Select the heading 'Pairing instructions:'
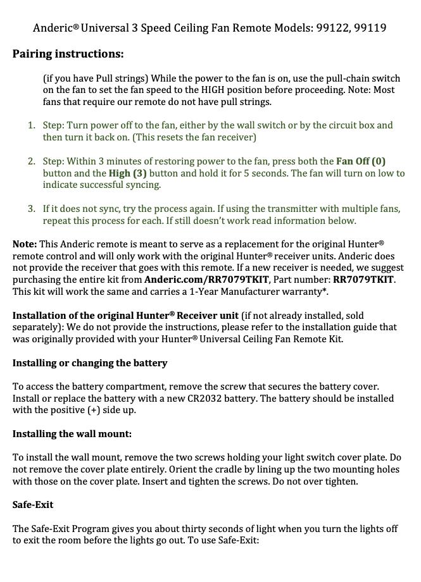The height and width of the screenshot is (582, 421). pyautogui.click(x=68, y=54)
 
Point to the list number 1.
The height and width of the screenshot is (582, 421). pyautogui.click(x=30, y=125)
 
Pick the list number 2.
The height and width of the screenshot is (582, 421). pyautogui.click(x=30, y=161)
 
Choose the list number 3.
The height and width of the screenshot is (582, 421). pyautogui.click(x=30, y=209)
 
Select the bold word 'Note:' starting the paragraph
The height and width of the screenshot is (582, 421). pyautogui.click(x=25, y=244)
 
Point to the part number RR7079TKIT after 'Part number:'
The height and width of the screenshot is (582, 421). pyautogui.click(x=364, y=280)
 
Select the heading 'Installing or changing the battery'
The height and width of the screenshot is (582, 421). pyautogui.click(x=90, y=363)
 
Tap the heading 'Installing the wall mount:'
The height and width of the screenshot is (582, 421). pyautogui.click(x=72, y=434)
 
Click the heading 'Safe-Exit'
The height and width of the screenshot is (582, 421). pyautogui.click(x=33, y=505)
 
